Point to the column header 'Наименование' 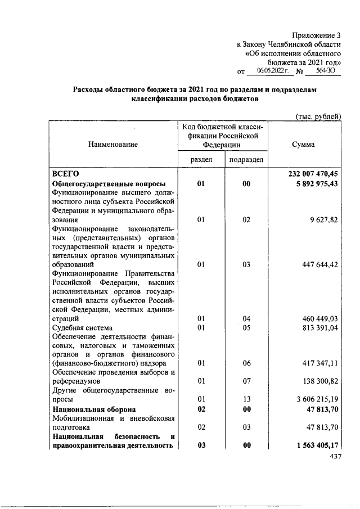(x=112, y=145)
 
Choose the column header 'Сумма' (x=303, y=145)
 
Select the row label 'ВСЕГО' (x=65, y=174)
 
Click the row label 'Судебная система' (x=82, y=327)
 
